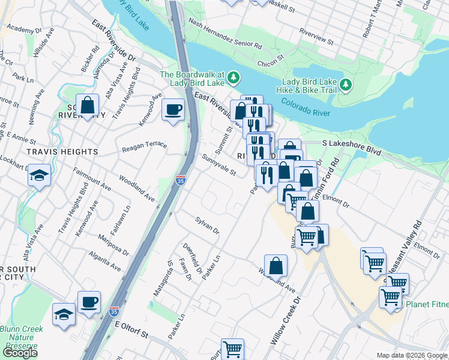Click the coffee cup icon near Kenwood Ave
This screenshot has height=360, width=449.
[x=173, y=110]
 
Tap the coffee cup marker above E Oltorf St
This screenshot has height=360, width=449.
[x=89, y=302]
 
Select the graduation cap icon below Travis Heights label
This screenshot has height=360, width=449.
[x=40, y=176]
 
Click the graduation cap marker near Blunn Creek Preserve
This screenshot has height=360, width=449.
[x=64, y=314]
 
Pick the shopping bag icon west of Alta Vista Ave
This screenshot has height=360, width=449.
[x=88, y=106]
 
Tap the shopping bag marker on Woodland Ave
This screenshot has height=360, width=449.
[x=276, y=265]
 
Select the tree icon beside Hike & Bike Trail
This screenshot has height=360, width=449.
[x=346, y=86]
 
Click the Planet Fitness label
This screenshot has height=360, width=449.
[x=427, y=304]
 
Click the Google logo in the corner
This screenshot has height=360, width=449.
[x=20, y=352]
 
